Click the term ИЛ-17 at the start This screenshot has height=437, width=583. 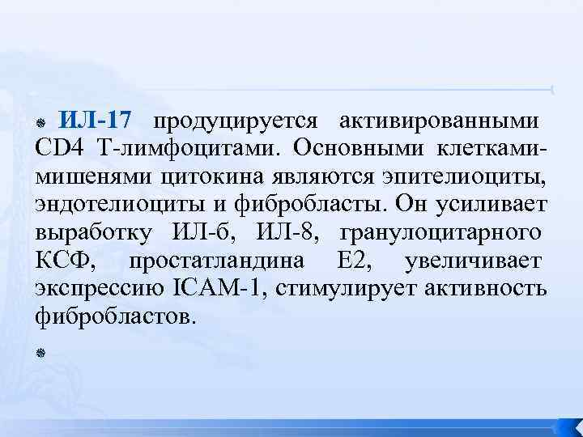[96, 122]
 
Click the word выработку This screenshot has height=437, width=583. [93, 234]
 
